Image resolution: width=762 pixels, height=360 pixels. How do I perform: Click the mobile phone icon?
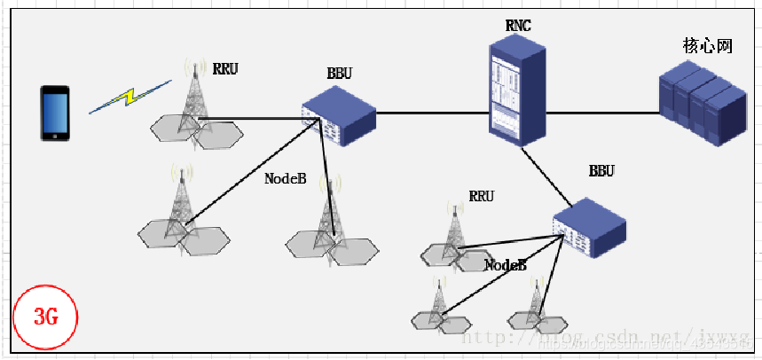point(54,113)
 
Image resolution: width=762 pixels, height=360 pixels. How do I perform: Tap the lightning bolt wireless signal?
point(130,97)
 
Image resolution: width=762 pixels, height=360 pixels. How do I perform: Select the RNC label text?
point(518,26)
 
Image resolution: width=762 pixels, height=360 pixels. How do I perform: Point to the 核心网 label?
point(707,46)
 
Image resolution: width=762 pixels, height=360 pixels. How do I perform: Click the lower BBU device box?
point(590,225)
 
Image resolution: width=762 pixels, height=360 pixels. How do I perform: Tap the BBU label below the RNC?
point(601,170)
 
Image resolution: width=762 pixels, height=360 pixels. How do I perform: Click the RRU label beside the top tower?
point(225,67)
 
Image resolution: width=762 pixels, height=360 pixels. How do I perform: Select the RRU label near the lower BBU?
point(481,196)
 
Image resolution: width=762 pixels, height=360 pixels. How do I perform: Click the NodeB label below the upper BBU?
point(285,178)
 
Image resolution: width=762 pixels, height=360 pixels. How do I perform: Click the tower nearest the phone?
point(192,102)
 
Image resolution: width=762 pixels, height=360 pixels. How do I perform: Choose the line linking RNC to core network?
point(602,113)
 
